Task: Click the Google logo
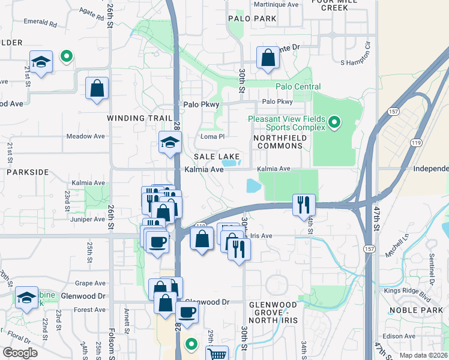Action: point(20,353)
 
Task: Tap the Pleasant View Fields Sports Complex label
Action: point(286,123)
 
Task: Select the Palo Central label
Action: point(298,87)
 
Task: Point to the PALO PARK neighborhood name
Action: point(252,19)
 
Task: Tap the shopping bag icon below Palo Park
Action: point(268,59)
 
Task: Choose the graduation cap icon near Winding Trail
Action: point(170,143)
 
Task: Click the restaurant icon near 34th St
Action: point(304,205)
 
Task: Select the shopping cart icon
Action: point(217,354)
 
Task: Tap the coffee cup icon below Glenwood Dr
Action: point(187,313)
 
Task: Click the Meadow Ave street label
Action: point(86,136)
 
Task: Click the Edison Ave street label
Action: point(400,336)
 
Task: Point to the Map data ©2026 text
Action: point(423,355)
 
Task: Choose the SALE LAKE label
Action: point(217,157)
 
